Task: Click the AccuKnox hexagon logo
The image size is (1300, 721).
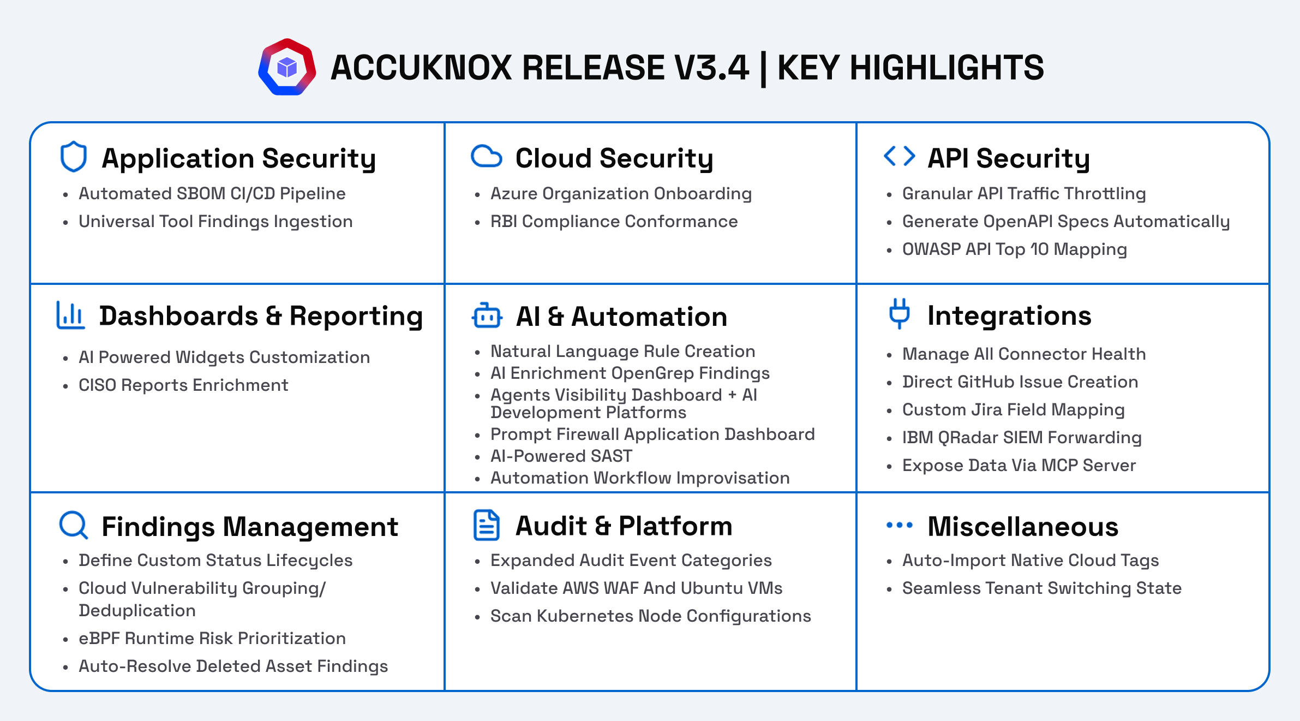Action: click(287, 67)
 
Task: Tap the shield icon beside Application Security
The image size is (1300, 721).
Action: click(73, 157)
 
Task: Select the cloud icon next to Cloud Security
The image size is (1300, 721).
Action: click(486, 156)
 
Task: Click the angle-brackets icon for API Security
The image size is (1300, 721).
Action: click(899, 156)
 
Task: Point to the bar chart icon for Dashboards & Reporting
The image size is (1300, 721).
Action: click(70, 315)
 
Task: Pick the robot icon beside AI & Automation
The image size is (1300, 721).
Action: click(487, 315)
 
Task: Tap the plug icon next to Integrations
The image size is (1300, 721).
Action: click(900, 314)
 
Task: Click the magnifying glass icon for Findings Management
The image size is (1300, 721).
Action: click(73, 525)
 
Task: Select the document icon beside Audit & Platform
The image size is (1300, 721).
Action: click(486, 525)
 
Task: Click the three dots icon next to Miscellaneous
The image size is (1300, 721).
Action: click(899, 525)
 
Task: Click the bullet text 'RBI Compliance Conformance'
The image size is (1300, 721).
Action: click(614, 222)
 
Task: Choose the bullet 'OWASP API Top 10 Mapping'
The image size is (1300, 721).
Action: click(1014, 249)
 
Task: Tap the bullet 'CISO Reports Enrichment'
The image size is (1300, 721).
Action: click(183, 385)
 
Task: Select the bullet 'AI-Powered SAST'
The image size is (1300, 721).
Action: click(561, 456)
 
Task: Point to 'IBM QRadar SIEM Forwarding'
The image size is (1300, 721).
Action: click(1022, 438)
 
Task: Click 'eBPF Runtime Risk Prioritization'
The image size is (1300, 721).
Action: click(212, 639)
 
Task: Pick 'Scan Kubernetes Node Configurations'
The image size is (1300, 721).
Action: click(650, 616)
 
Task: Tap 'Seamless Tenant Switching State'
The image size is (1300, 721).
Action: click(1041, 588)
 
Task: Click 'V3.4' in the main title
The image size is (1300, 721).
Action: click(711, 68)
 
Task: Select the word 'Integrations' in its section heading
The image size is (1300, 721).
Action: click(1009, 316)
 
